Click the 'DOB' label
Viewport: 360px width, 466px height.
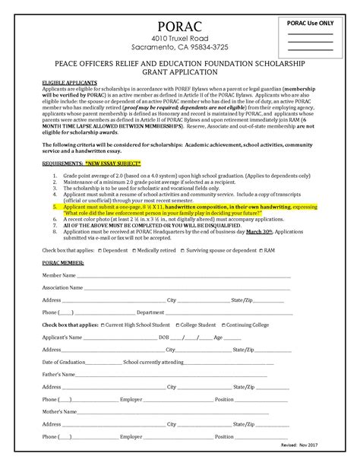(x=164, y=337)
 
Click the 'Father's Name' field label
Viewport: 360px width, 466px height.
(x=59, y=375)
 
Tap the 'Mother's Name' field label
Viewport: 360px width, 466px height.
(x=60, y=412)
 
